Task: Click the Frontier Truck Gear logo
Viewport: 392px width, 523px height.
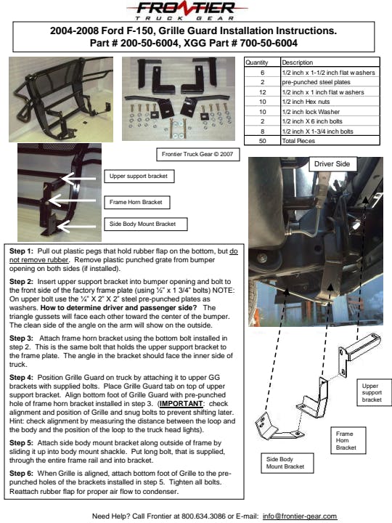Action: click(187, 10)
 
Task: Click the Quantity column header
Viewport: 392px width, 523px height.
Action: click(257, 62)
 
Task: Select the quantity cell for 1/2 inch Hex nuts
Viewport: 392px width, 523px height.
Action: click(262, 102)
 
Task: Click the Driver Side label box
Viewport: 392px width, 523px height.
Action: click(332, 164)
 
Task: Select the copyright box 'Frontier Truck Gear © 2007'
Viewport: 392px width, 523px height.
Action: click(197, 154)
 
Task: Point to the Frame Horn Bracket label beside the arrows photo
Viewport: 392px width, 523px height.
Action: click(137, 202)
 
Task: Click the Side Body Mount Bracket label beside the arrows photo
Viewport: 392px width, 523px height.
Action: click(146, 224)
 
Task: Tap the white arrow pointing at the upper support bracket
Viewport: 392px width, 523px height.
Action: click(78, 179)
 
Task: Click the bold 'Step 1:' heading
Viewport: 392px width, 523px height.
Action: click(21, 251)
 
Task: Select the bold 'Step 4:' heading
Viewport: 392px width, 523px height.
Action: click(21, 378)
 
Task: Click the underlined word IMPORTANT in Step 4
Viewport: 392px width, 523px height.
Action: click(181, 404)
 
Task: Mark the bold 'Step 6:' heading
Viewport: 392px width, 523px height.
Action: click(21, 474)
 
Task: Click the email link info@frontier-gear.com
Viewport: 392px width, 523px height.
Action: click(300, 516)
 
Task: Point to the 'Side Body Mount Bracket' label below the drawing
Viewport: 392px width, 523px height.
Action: click(287, 463)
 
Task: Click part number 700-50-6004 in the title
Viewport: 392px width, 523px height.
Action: click(269, 43)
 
